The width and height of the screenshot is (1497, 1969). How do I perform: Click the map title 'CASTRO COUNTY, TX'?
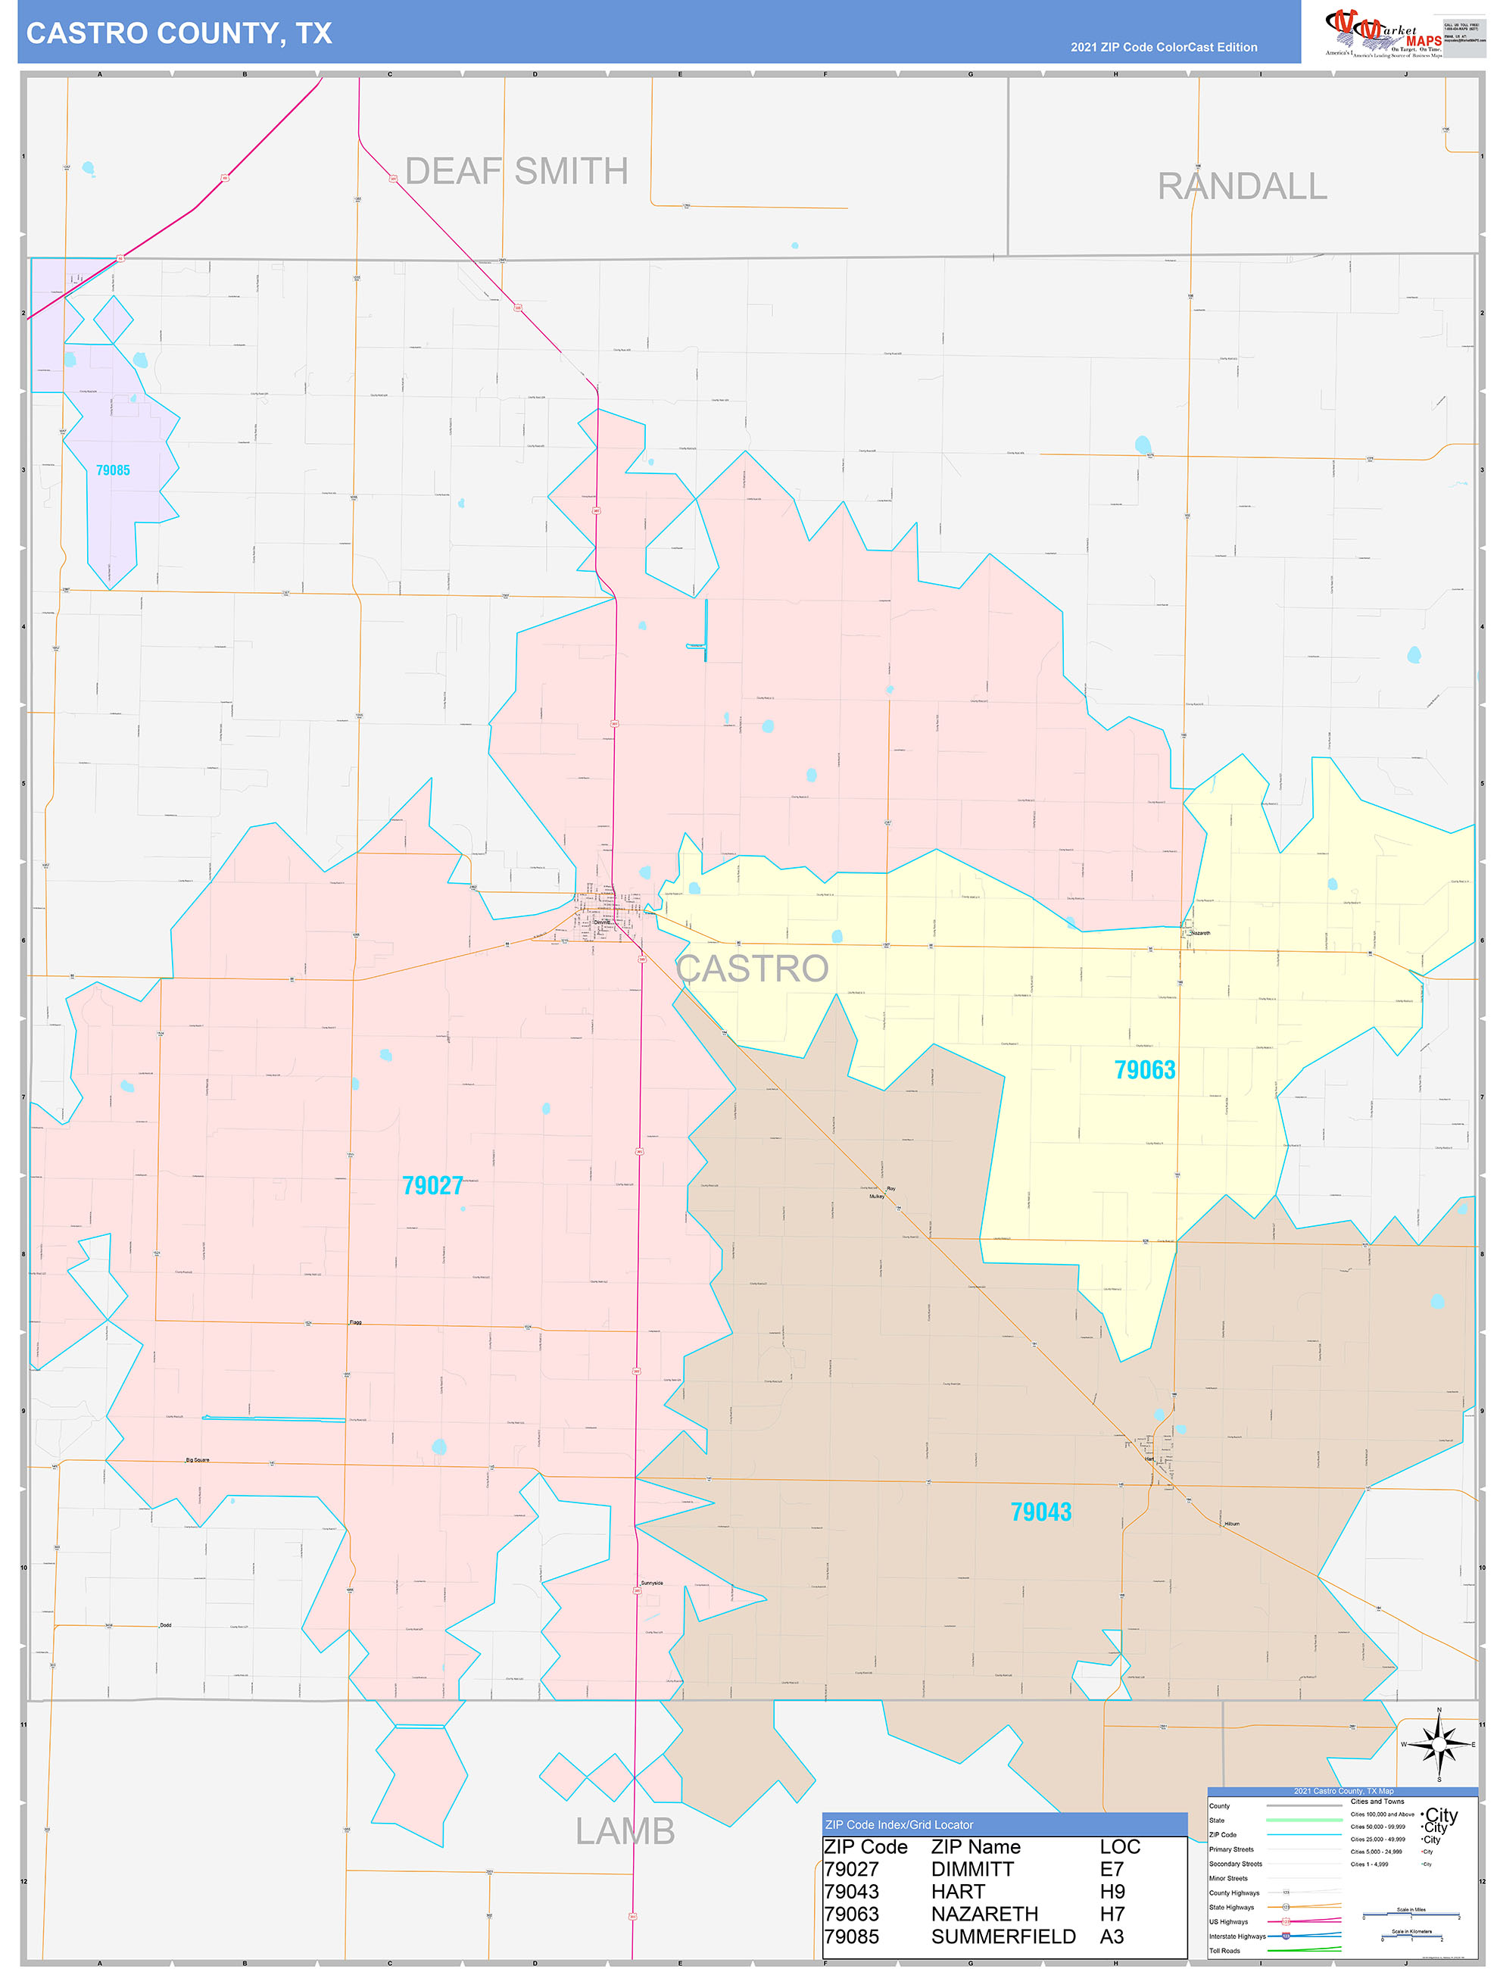pos(178,33)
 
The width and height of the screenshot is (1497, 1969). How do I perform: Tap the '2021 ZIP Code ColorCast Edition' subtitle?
pos(1163,47)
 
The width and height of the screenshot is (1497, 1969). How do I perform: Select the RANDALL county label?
pos(1241,186)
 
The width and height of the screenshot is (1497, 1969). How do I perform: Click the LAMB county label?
pos(625,1831)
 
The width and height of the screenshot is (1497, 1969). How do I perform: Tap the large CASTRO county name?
pos(752,969)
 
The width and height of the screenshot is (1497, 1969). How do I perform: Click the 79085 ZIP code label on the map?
pos(113,470)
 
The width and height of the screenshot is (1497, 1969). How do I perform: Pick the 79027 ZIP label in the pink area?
pos(432,1185)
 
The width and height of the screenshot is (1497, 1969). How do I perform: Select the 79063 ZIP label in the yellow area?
pos(1144,1069)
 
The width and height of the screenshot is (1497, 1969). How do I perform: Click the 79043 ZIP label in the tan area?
pos(1040,1511)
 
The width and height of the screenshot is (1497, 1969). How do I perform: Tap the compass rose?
pos(1438,1743)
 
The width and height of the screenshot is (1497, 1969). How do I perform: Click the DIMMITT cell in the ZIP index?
pos(971,1869)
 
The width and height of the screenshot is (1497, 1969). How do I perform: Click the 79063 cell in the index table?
pos(851,1914)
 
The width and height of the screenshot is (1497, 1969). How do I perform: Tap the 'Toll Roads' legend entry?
pos(1224,1950)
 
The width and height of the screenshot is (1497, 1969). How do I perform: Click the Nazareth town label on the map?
pos(1200,933)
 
